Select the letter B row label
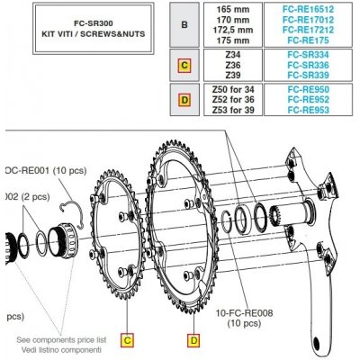[x=184, y=24]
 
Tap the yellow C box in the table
[x=184, y=65]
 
